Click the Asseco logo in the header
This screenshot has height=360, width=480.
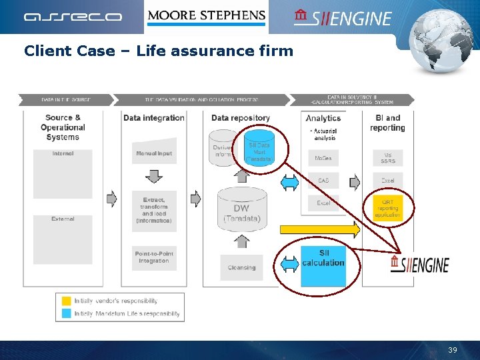pyautogui.click(x=73, y=17)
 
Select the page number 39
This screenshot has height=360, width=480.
pyautogui.click(x=453, y=350)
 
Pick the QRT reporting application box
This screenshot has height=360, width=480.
pyautogui.click(x=387, y=208)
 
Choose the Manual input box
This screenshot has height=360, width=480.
pyautogui.click(x=154, y=153)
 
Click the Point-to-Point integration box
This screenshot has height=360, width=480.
pyautogui.click(x=154, y=257)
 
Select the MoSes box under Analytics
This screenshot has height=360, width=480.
pyautogui.click(x=323, y=159)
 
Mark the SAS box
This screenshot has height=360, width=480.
pyautogui.click(x=323, y=181)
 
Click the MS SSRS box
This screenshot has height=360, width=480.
pyautogui.click(x=387, y=157)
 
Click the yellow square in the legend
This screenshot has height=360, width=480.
pyautogui.click(x=67, y=301)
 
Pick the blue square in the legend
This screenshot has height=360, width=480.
pyautogui.click(x=67, y=313)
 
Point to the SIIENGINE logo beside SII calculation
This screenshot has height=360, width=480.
pyautogui.click(x=420, y=264)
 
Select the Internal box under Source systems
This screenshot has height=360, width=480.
pyautogui.click(x=63, y=173)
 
